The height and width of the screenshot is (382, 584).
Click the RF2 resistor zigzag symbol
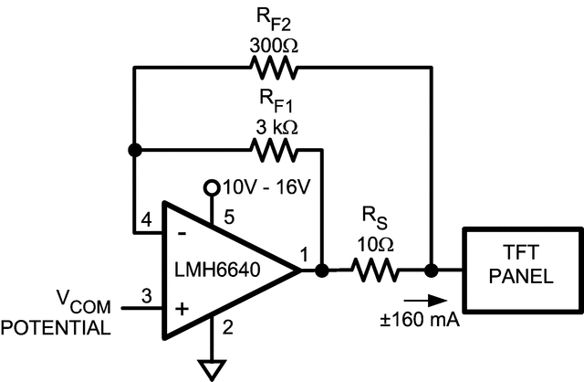click(x=270, y=68)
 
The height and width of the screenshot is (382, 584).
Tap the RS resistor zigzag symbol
click(x=375, y=271)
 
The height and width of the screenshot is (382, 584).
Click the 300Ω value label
click(x=270, y=43)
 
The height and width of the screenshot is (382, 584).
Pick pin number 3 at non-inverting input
click(x=147, y=295)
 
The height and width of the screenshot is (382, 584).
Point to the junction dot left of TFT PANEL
click(x=430, y=271)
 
